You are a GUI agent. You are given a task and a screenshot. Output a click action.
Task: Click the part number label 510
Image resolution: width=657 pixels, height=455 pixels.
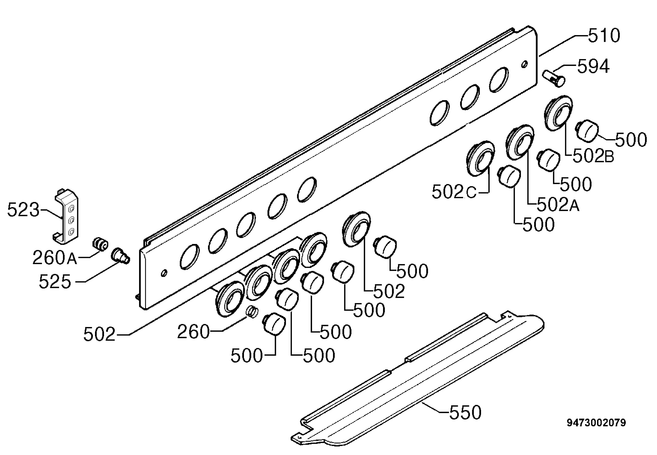coord(604,36)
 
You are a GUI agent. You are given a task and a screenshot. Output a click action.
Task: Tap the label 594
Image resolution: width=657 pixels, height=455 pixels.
coord(593,66)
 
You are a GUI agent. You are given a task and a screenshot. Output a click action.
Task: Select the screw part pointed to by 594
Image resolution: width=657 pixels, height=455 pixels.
coord(554,78)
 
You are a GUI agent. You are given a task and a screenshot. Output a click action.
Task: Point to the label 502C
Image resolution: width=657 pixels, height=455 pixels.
coord(454,192)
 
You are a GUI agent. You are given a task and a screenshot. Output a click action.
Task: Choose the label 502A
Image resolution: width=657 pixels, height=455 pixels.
coord(558,204)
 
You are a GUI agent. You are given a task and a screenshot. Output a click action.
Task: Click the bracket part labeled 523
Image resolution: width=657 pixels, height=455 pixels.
coord(66,216)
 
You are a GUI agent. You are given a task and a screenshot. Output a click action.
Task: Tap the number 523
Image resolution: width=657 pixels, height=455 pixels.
coord(23,210)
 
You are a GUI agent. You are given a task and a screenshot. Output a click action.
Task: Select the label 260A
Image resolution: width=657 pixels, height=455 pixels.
coord(55,257)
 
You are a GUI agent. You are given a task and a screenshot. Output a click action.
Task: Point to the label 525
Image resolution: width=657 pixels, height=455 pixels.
coord(55,282)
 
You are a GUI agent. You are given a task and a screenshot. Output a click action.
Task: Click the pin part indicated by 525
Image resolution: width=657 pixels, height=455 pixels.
coord(120,256)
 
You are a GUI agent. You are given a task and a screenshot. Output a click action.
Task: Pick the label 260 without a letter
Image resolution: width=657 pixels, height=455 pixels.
coord(193,332)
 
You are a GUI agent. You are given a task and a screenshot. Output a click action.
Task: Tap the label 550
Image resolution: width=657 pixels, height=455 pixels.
coord(465,412)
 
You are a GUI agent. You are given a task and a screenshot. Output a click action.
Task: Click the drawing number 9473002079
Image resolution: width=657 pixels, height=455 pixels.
coord(596,422)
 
